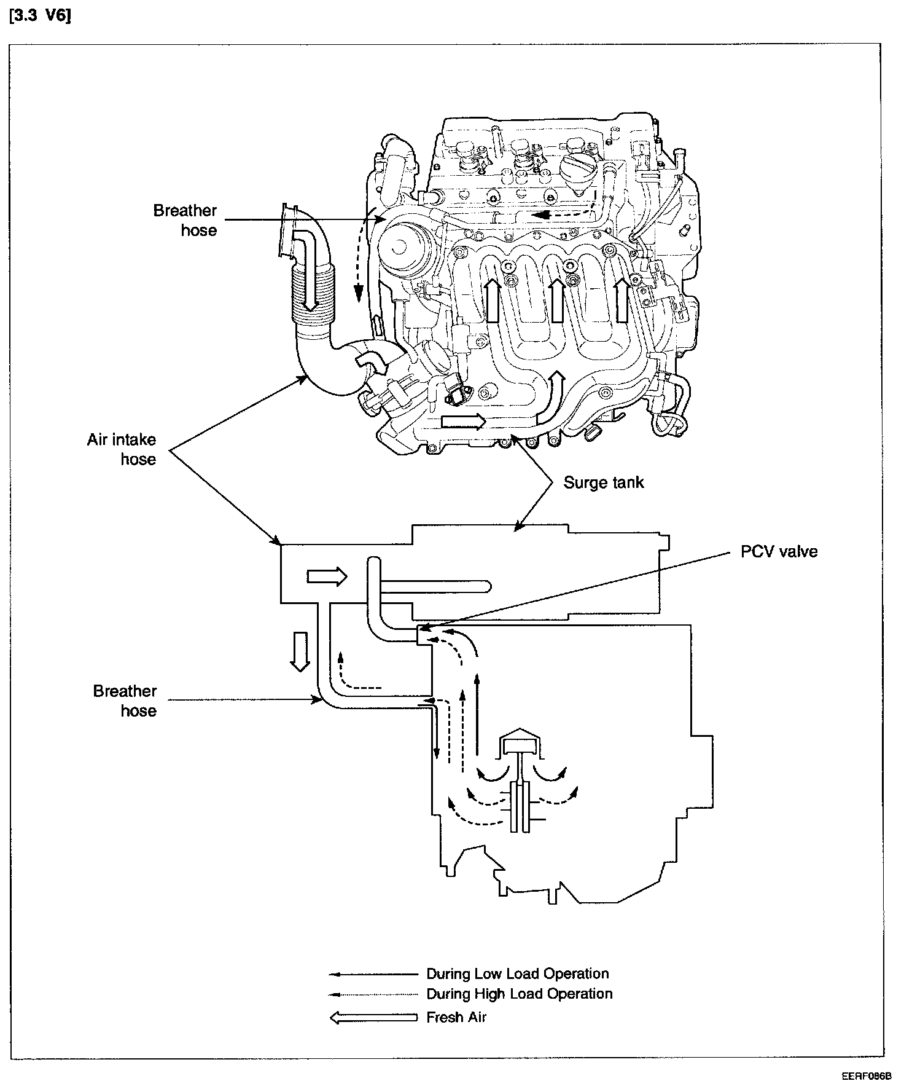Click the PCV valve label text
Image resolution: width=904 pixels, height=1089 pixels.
[x=779, y=551]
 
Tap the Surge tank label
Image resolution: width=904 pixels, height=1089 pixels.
[x=604, y=482]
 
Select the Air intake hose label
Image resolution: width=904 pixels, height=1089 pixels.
[x=122, y=449]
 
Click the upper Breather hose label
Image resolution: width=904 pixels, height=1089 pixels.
[x=185, y=220]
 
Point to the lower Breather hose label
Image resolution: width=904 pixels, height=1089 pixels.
[x=125, y=701]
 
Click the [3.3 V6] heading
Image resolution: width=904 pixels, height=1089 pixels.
[x=41, y=17]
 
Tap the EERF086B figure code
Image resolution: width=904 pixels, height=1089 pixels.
[x=867, y=1076]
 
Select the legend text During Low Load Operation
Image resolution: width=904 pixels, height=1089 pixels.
[x=517, y=973]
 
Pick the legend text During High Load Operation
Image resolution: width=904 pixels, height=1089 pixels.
[x=519, y=994]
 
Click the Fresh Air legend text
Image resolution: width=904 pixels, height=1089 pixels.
[x=456, y=1017]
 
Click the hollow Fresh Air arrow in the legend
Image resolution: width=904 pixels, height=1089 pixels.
[x=374, y=1018]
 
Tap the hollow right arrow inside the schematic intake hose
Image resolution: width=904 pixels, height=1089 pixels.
[x=327, y=576]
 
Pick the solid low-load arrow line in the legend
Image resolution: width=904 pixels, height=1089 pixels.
[x=374, y=974]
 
